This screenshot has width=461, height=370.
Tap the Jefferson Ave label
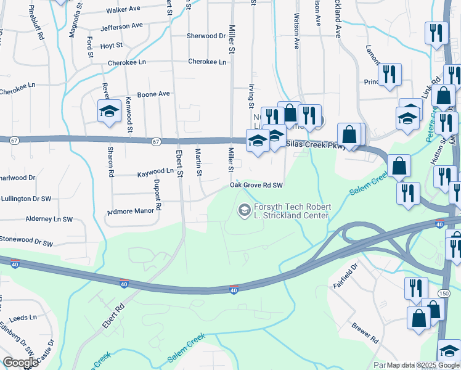(x=121, y=27)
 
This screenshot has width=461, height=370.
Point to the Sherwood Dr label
(x=206, y=36)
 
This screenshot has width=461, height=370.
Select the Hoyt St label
(x=112, y=46)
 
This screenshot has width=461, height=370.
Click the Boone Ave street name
(x=153, y=94)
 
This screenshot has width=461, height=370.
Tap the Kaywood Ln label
(x=155, y=171)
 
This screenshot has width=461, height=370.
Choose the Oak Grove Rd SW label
(x=256, y=185)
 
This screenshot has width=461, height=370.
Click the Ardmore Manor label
(x=130, y=211)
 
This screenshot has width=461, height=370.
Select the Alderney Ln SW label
(x=49, y=219)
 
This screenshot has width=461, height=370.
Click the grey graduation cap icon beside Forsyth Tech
(x=244, y=211)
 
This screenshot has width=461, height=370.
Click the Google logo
(x=20, y=363)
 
